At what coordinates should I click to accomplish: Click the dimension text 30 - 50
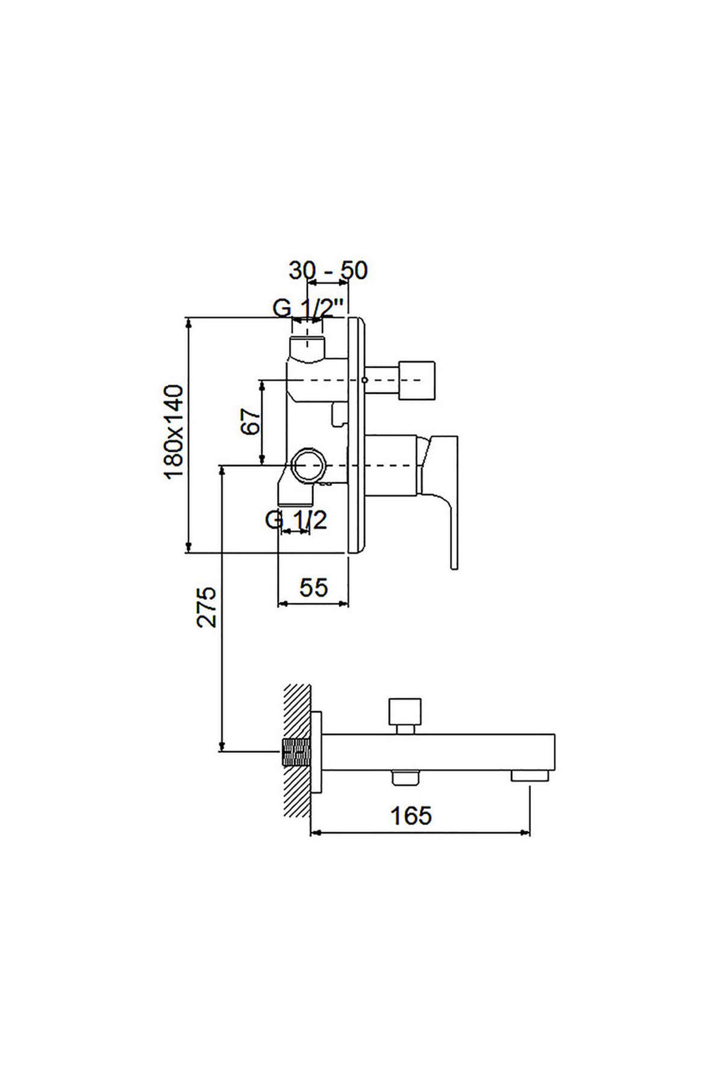(x=328, y=271)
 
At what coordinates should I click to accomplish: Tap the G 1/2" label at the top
(x=309, y=309)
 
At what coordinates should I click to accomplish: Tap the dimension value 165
(x=412, y=816)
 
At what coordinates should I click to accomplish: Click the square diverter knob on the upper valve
(x=416, y=380)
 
